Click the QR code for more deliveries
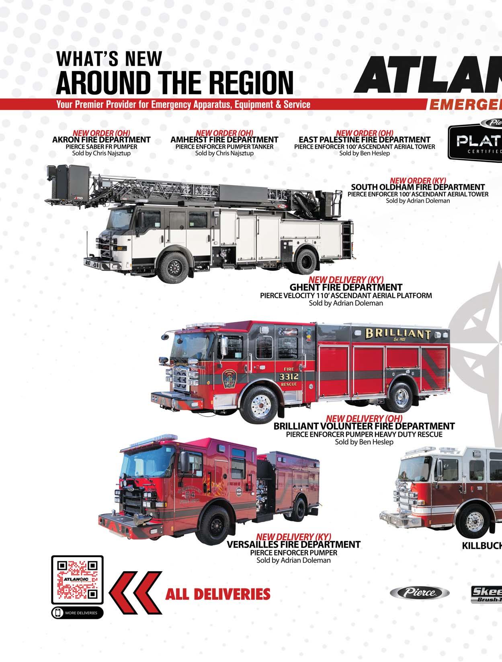pos(78,579)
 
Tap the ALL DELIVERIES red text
pos(218,593)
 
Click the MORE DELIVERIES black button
pos(77,613)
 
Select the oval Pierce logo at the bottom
pos(420,592)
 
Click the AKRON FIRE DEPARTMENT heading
pos(101,140)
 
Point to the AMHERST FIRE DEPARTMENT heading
pos(224,140)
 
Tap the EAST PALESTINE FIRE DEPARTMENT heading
pos(364,140)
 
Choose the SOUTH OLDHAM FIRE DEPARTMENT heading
pos(418,187)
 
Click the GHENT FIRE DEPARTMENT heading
pos(346,287)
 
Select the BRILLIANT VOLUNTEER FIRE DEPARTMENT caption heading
pos(364,426)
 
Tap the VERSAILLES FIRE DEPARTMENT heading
pos(293,545)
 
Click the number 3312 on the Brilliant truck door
pos(289,377)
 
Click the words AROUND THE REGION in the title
pos(175,82)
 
